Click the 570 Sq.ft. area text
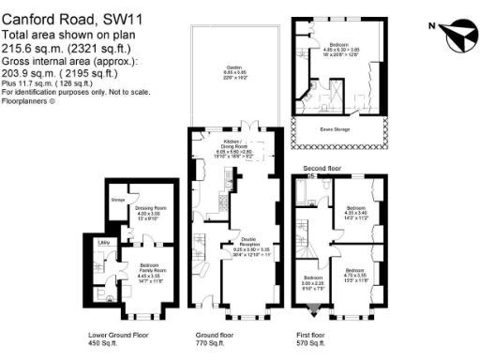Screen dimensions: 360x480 (314, 343)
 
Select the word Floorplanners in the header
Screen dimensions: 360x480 (25, 101)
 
